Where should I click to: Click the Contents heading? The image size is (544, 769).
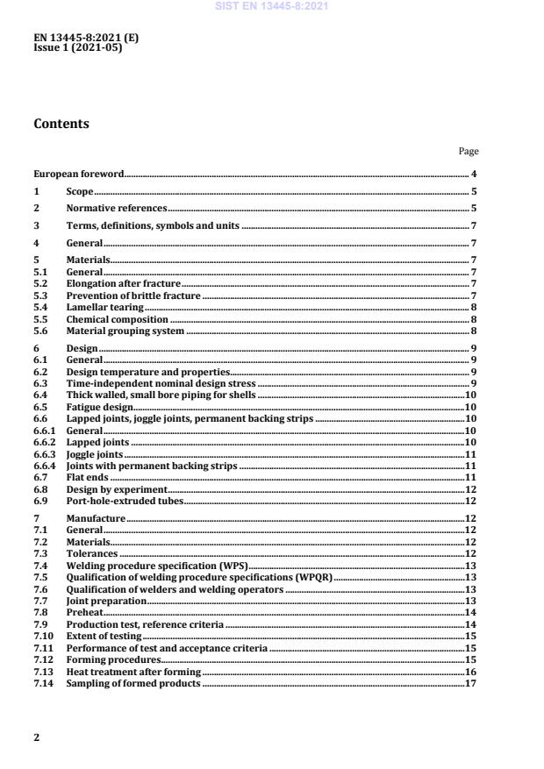[x=61, y=124]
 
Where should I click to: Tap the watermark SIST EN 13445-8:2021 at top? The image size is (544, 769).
[x=271, y=6]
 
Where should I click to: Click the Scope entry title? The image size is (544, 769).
[x=80, y=191]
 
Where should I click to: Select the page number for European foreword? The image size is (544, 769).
[x=474, y=174]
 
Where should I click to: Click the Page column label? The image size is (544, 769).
[x=469, y=152]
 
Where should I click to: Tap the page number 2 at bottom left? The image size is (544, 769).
[x=37, y=737]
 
